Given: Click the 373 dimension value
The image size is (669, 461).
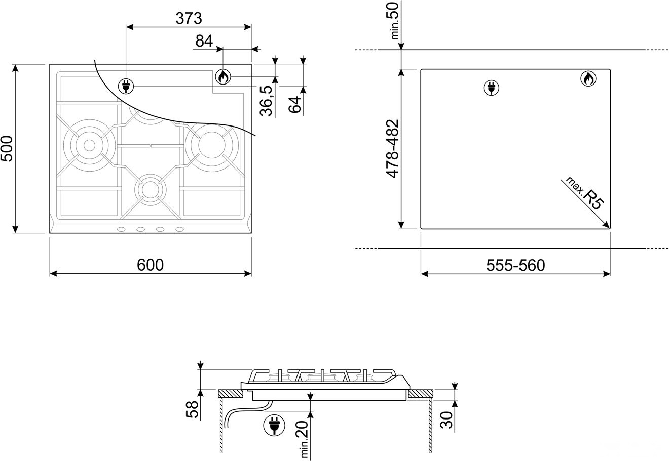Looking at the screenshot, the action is click(x=189, y=19).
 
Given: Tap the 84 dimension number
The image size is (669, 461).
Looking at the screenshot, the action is click(x=204, y=41).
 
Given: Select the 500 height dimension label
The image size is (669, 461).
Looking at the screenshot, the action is click(x=7, y=149).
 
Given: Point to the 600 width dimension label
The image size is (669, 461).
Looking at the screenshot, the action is click(x=150, y=265).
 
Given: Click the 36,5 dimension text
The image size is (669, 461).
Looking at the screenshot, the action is click(x=266, y=101).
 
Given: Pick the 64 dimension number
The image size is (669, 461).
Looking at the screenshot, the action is click(x=295, y=104).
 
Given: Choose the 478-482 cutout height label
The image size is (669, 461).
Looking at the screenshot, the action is click(x=392, y=149).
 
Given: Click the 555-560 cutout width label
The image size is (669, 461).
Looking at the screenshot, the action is click(x=515, y=265).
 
